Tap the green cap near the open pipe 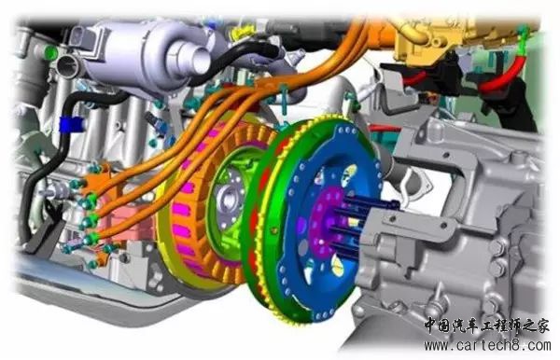[x=51, y=52]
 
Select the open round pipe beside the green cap [x=68, y=65]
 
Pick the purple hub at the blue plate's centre [x=324, y=221]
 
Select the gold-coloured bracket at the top [x=428, y=39]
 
